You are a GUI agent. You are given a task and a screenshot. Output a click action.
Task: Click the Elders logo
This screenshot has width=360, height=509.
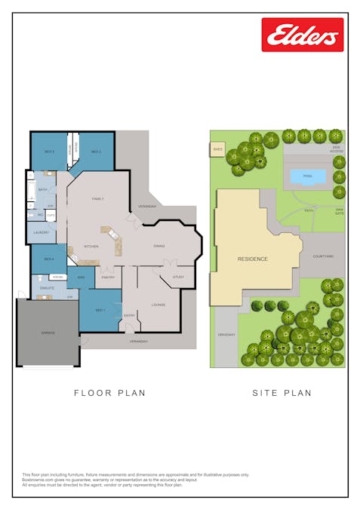click(x=302, y=35)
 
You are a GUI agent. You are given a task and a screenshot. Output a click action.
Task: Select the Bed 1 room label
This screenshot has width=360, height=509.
click(x=99, y=311)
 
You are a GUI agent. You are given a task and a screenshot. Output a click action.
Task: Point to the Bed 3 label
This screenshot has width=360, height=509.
click(x=48, y=152)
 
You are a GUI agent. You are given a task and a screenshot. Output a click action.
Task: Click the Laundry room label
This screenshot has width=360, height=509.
click(x=41, y=233)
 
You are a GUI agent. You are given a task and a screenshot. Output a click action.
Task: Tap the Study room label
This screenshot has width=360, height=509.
click(x=178, y=277)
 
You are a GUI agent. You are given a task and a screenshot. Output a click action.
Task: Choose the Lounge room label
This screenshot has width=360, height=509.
click(x=158, y=305)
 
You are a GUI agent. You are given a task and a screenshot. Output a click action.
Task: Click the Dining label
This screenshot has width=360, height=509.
click(x=158, y=247)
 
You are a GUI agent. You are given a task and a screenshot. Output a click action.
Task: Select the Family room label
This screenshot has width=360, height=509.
click(x=97, y=199)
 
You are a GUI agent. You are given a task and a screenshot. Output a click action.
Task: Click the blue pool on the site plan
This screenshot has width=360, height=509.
click(x=308, y=176)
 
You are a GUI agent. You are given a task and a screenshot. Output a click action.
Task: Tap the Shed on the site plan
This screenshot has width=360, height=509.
click(x=218, y=149)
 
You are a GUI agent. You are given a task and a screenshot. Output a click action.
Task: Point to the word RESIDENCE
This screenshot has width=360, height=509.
click(x=253, y=259)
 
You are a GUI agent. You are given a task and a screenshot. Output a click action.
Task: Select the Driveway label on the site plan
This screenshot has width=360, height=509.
click(x=226, y=334)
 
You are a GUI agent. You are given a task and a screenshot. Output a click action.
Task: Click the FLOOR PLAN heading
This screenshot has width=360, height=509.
click(x=109, y=393)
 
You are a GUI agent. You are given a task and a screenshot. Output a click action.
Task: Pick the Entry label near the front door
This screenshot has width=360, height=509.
click(x=129, y=316)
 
